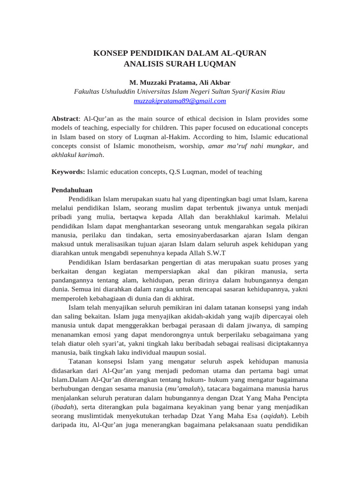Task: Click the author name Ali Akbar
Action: (214, 82)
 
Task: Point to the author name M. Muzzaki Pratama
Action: (160, 82)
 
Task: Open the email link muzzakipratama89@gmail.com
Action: (180, 101)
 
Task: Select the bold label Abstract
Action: (65, 119)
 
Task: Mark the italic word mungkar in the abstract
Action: (280, 146)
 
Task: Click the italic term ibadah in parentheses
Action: (64, 407)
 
